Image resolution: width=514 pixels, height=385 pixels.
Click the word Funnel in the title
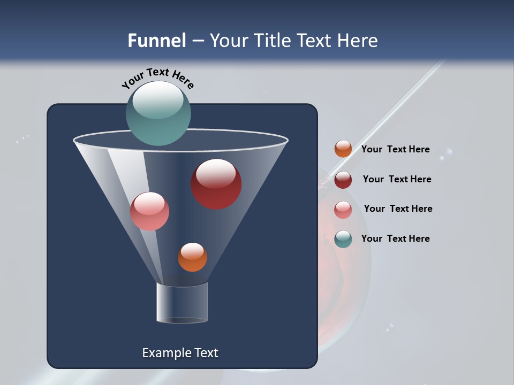pos(156,41)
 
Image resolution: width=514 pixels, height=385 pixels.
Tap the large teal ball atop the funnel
pos(158,113)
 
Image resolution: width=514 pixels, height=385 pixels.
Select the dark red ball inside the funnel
pos(216,184)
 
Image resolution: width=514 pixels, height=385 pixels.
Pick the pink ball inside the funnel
pos(149,211)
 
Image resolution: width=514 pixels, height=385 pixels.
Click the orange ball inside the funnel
pos(192,257)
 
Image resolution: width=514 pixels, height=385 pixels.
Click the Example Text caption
pos(180,353)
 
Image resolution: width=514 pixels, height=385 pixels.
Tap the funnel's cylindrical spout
pos(182,303)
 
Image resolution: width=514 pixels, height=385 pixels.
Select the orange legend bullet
pos(343,149)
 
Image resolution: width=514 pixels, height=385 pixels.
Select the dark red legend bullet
pos(343,180)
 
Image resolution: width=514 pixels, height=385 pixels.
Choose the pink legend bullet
pos(343,210)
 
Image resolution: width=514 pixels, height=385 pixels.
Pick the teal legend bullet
pos(343,239)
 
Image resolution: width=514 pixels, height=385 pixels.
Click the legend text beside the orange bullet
pos(395,150)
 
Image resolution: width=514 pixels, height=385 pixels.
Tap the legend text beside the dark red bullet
pos(397,180)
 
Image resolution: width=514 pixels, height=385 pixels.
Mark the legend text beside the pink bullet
pos(398,209)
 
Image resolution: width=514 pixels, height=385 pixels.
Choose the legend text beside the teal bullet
pos(395,238)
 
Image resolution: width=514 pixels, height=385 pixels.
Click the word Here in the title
pos(359,41)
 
